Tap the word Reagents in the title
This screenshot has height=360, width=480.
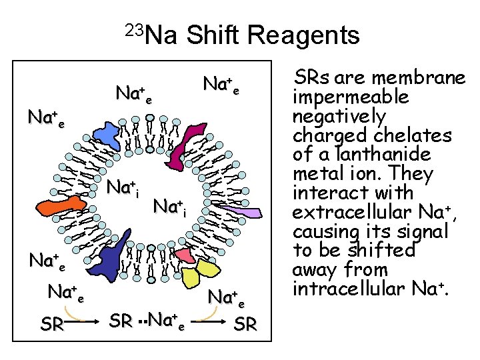click(305, 35)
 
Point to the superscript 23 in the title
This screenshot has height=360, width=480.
click(133, 29)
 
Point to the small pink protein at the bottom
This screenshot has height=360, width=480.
click(184, 255)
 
